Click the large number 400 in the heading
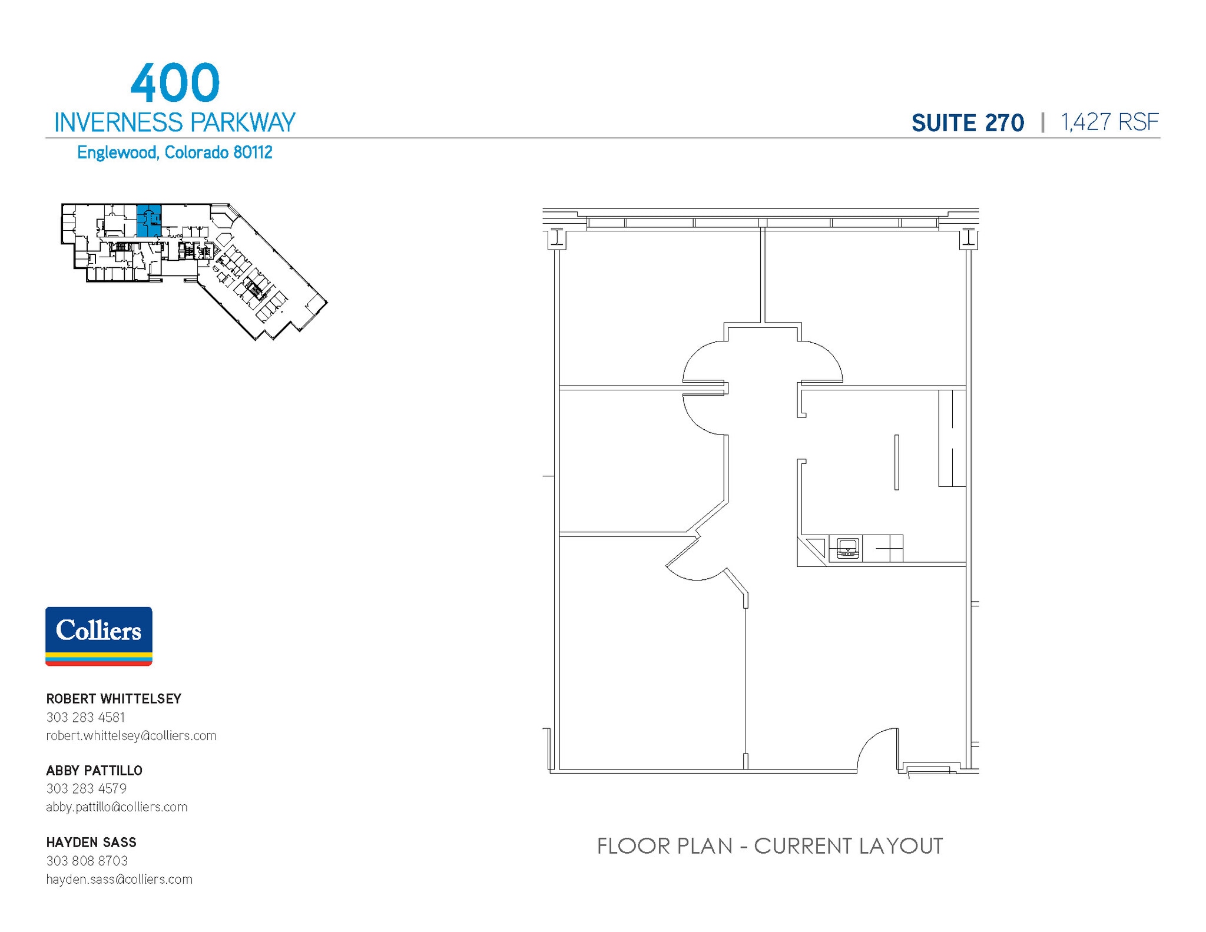pyautogui.click(x=175, y=83)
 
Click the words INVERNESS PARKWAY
pyautogui.click(x=174, y=122)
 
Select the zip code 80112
pyautogui.click(x=253, y=152)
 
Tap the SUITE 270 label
pyautogui.click(x=968, y=123)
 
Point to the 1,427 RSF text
pyautogui.click(x=1109, y=122)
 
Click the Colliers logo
pyautogui.click(x=99, y=636)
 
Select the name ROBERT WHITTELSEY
pyautogui.click(x=114, y=699)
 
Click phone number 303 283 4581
pyautogui.click(x=85, y=717)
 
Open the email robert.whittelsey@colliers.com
pyautogui.click(x=131, y=735)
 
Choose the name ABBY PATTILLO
pyautogui.click(x=94, y=771)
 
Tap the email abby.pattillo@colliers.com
pyautogui.click(x=117, y=807)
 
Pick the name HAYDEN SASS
pyautogui.click(x=91, y=843)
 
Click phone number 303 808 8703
pyautogui.click(x=87, y=861)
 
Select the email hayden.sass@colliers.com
pyautogui.click(x=119, y=879)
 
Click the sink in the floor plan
pyautogui.click(x=847, y=549)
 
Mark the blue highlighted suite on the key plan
pyautogui.click(x=149, y=220)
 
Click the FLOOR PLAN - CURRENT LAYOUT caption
pyautogui.click(x=770, y=846)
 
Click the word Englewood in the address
pyautogui.click(x=117, y=152)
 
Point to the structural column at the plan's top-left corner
pyautogui.click(x=556, y=237)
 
